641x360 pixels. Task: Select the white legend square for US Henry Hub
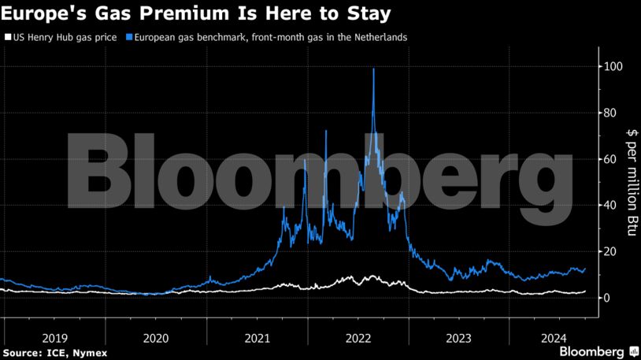[x=8, y=37]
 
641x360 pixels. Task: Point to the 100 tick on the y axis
[x=614, y=67]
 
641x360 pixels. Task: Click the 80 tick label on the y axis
[x=611, y=113]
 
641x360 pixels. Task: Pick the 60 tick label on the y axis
[x=611, y=159]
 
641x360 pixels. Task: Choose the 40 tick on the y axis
[x=611, y=206]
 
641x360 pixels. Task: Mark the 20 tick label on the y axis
[x=611, y=251]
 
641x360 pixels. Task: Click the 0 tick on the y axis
[x=608, y=298]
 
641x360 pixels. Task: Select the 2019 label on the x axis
[x=54, y=337]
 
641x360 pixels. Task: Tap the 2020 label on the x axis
[x=156, y=337]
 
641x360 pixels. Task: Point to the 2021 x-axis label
[x=257, y=337]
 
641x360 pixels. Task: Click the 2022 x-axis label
[x=358, y=337]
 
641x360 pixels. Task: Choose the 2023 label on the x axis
[x=459, y=337]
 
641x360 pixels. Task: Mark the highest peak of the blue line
[x=373, y=70]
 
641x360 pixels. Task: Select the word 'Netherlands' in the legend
[x=381, y=37]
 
